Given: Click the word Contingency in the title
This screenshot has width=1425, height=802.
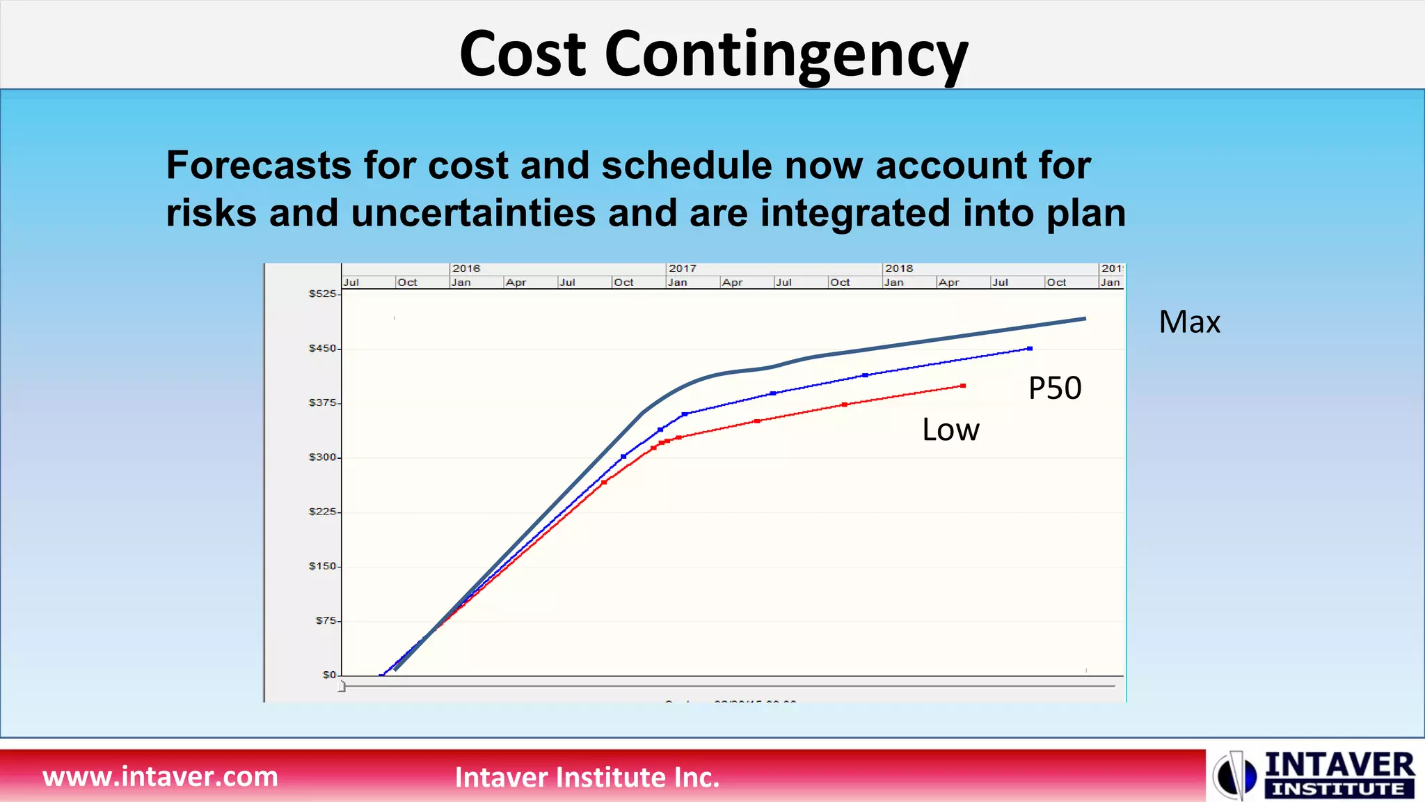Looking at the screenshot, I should coord(786,56).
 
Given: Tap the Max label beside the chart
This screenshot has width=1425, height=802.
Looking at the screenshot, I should coord(1189,322).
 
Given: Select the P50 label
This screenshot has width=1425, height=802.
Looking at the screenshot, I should coord(1055,388).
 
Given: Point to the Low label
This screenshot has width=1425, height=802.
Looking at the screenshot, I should coord(950,430).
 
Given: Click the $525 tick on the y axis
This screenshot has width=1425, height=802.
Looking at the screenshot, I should coord(323,294).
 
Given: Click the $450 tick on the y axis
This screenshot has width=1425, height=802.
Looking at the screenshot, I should coord(323,348).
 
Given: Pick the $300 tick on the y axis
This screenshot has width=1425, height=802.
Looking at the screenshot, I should coord(323,457).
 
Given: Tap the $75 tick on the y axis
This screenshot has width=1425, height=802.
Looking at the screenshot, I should coord(326,620).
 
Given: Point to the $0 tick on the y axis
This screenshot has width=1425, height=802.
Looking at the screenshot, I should coord(329,675).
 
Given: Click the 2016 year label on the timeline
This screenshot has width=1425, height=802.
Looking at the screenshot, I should coord(466,269).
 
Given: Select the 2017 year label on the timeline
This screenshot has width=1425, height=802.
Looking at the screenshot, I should coord(683,269).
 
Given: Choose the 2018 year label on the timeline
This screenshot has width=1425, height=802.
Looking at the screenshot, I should coord(899,269).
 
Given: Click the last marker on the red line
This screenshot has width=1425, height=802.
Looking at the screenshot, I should coord(963,386).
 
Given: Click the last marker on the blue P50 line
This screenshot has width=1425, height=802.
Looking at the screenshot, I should coord(1030,349).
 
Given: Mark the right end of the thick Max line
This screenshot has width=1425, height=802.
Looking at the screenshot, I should coord(1084,319).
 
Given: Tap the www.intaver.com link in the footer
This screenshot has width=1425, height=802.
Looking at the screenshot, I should coord(160,776).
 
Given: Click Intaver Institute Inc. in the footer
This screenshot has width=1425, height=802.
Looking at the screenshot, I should coord(587,778).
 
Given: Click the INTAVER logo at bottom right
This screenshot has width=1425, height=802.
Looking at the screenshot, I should coord(1315,775).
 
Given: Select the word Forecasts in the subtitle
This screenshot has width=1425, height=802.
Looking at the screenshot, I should coord(259,166).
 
